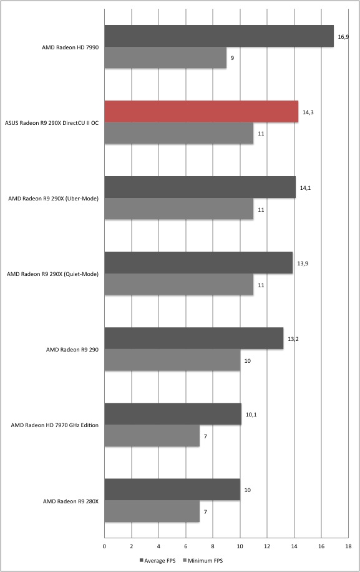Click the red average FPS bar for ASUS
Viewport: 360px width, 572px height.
coord(201,112)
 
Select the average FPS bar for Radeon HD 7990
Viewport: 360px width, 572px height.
coord(219,36)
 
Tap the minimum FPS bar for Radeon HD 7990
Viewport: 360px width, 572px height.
coord(165,57)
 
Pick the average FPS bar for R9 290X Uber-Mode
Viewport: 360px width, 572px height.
coord(200,187)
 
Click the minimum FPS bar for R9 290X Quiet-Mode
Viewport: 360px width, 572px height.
coord(179,284)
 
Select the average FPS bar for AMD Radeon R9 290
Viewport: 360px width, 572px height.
coord(194,338)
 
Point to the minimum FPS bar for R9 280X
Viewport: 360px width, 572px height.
coord(152,511)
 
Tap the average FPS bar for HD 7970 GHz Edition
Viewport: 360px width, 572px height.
coord(173,414)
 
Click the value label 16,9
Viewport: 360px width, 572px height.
coord(343,36)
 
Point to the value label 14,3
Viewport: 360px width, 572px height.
coord(308,112)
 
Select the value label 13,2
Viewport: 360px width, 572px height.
coord(293,339)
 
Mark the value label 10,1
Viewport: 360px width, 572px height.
coord(251,415)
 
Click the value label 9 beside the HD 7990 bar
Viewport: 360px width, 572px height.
coord(232,58)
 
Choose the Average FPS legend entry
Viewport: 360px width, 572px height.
coord(157,560)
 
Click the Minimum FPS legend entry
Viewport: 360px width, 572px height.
coord(203,560)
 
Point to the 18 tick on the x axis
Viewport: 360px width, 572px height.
coord(348,546)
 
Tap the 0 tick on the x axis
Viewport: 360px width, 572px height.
coord(105,546)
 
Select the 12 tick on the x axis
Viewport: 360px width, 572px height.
coord(267,546)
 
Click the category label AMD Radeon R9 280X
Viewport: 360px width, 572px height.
coord(71,501)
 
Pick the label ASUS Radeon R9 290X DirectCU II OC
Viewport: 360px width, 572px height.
coord(52,123)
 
